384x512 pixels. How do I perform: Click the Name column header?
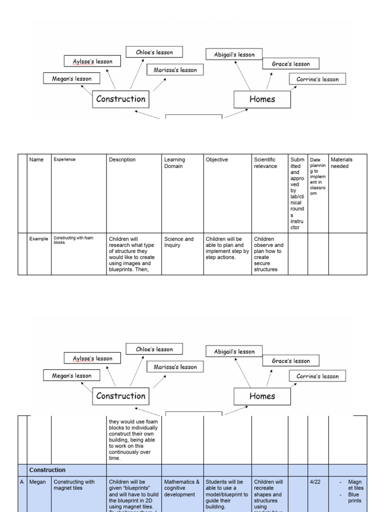[x=36, y=160]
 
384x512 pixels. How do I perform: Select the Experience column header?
[x=64, y=160]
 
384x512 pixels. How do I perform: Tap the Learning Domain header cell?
[x=174, y=163]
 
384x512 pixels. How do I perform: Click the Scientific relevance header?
[x=265, y=163]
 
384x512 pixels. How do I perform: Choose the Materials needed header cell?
[x=341, y=163]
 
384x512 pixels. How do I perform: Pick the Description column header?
[x=122, y=160]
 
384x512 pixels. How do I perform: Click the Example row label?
[x=38, y=239]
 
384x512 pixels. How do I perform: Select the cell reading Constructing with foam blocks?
[x=73, y=240]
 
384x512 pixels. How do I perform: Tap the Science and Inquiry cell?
[x=178, y=242]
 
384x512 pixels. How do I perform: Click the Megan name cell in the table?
[x=37, y=482]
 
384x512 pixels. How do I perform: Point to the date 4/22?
[x=315, y=482]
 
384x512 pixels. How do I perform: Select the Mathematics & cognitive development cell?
[x=182, y=488]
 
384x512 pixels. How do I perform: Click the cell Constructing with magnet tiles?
[x=74, y=485]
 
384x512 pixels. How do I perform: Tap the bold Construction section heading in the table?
[x=47, y=470]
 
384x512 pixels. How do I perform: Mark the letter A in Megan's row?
[x=22, y=482]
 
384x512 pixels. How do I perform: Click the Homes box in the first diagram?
[x=262, y=99]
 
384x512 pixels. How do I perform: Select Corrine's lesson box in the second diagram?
[x=317, y=376]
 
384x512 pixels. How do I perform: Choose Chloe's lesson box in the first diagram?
[x=154, y=52]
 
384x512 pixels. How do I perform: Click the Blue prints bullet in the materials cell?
[x=354, y=497]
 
